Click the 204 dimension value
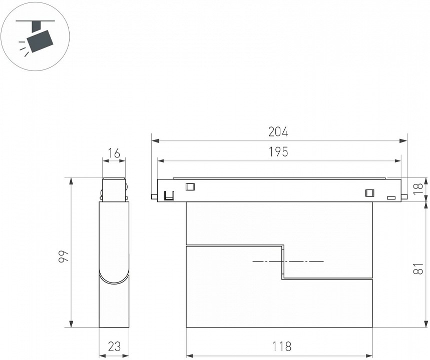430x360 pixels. tap(278, 132)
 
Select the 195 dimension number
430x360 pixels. tap(278, 152)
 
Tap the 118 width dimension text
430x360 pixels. tap(281, 346)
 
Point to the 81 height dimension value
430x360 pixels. tap(419, 268)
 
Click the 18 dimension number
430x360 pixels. tap(419, 189)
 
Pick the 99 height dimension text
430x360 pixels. tap(64, 256)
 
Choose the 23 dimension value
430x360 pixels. tap(114, 346)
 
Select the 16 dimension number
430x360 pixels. tap(114, 153)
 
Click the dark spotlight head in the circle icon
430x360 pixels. tap(40, 41)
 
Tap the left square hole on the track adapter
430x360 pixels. tap(190, 186)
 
